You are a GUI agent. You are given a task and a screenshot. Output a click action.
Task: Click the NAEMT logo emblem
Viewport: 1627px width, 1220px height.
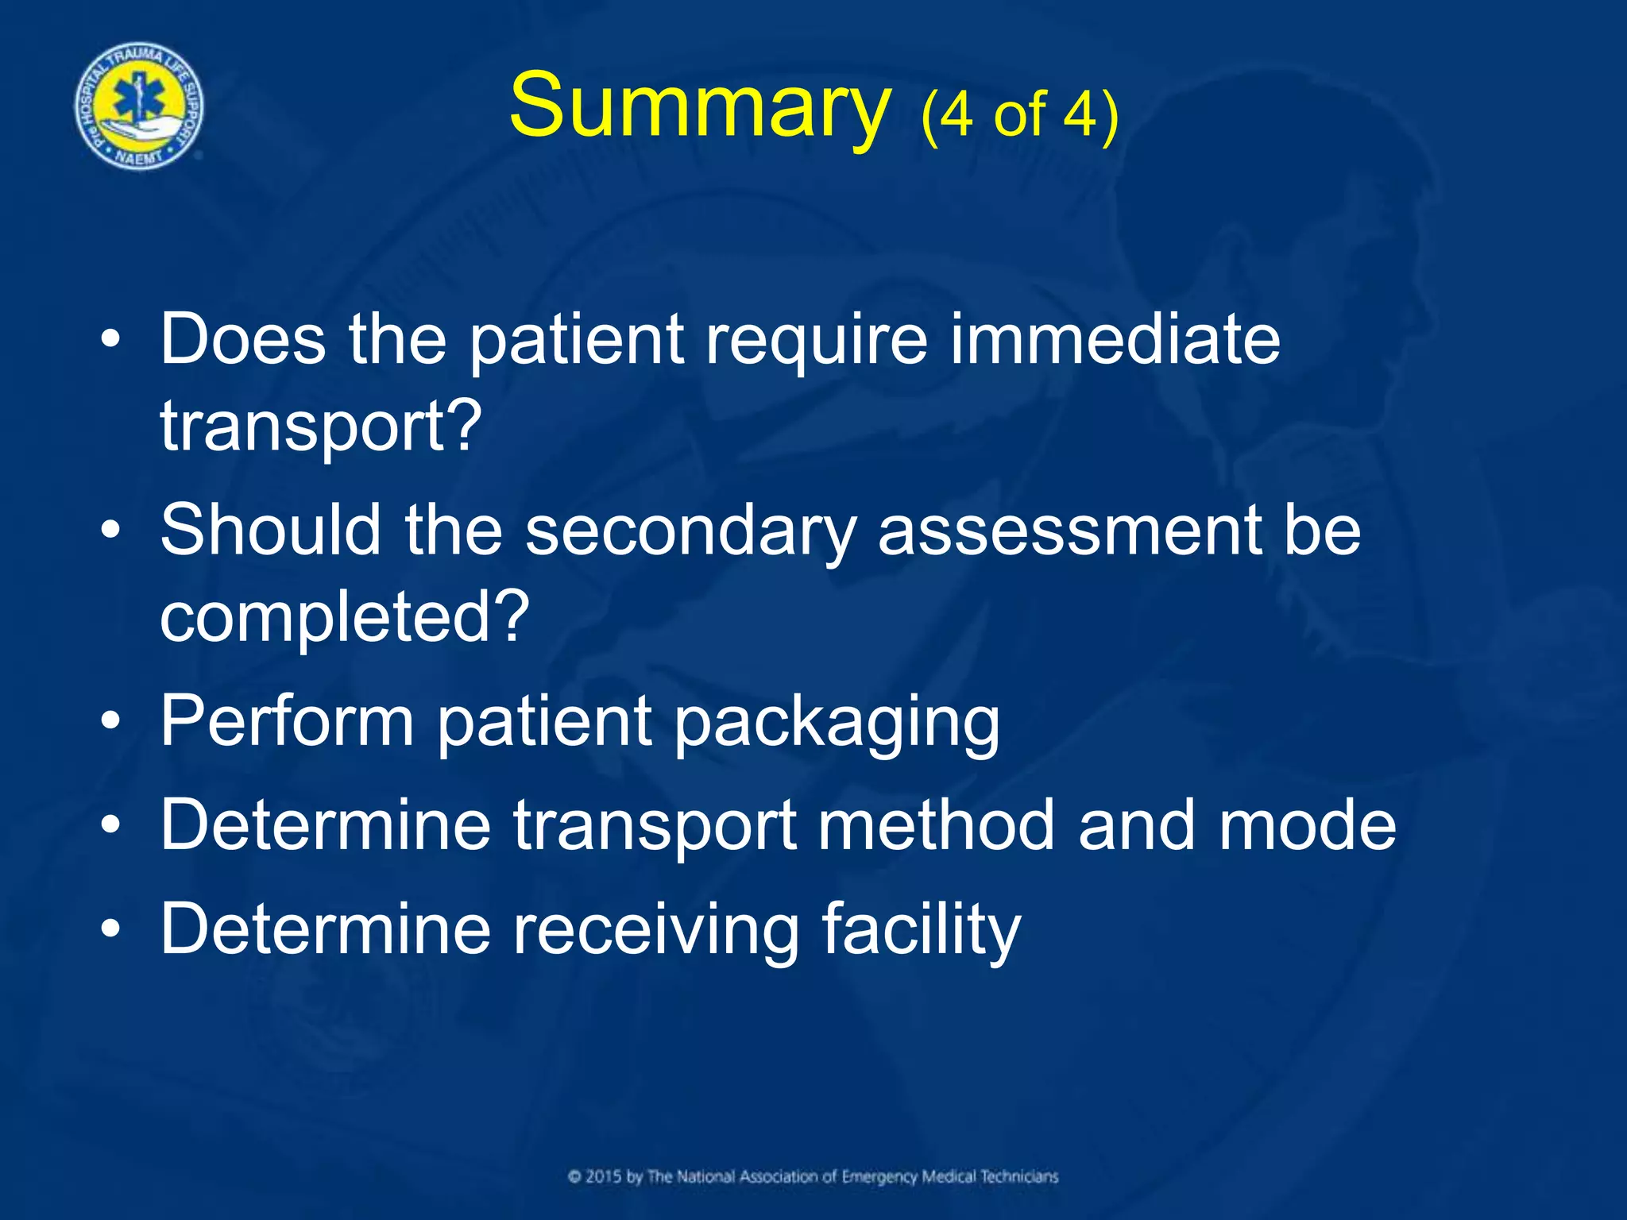139,106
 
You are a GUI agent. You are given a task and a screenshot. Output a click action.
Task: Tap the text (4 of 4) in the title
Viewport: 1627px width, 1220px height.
1020,115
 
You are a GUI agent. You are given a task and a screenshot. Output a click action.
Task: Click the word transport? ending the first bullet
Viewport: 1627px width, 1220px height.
321,427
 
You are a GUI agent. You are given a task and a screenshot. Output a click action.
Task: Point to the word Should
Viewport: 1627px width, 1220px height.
271,530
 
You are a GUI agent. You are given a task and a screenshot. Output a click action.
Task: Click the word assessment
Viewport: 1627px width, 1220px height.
1069,530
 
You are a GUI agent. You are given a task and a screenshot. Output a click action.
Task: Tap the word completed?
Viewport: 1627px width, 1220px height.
344,617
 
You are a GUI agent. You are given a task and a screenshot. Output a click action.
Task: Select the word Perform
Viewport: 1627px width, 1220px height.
287,720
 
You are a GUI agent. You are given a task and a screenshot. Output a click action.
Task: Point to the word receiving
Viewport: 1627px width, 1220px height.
655,929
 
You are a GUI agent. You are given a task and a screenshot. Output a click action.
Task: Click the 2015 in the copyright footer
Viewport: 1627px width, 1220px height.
605,1176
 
